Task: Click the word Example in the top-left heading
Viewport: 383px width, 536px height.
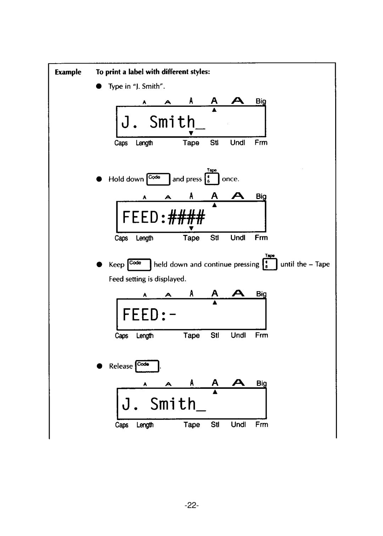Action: pos(68,72)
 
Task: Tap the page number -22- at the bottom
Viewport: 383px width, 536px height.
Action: pos(191,505)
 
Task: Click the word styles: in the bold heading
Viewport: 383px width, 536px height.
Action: pos(200,72)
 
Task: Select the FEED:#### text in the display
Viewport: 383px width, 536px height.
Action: pos(163,217)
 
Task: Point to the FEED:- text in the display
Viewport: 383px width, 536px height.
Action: pos(149,315)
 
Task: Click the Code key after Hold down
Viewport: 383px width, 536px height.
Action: pos(159,179)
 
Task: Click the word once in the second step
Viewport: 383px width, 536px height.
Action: pos(230,179)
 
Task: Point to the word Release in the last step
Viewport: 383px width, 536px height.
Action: pos(121,366)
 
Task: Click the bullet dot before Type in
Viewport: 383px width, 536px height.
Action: pos(100,86)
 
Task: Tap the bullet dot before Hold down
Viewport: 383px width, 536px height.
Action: pos(100,179)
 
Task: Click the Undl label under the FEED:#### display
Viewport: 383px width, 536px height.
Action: pos(238,238)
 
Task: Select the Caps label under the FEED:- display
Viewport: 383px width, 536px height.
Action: pos(121,336)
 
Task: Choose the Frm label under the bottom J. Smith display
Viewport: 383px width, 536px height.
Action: pos(262,425)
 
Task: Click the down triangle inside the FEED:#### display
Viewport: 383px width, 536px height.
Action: pos(191,228)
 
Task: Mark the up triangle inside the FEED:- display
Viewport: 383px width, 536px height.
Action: pos(215,303)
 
